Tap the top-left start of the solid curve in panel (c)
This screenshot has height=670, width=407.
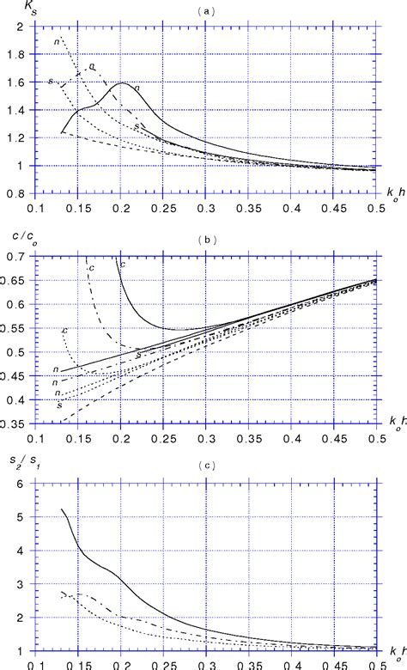coord(62,509)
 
